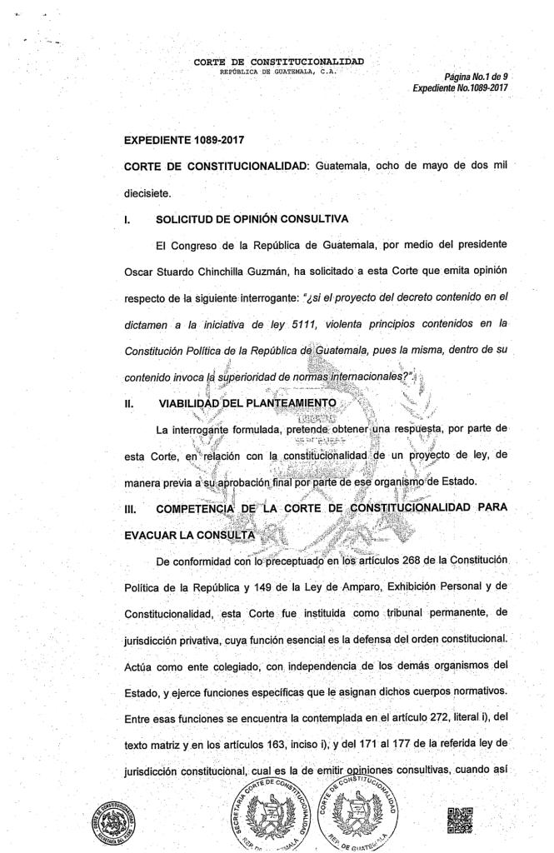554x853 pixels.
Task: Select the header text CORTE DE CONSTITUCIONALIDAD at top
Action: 278,62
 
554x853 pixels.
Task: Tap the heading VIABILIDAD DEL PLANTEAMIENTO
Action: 247,403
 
